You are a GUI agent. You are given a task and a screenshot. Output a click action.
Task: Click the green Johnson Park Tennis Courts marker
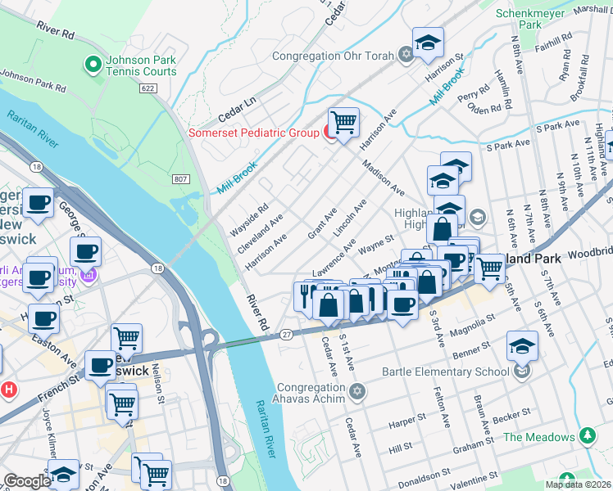tap(93, 63)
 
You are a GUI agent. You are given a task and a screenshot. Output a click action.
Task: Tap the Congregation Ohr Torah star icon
tap(406, 56)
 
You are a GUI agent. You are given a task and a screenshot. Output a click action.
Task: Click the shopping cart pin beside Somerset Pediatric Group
tap(344, 124)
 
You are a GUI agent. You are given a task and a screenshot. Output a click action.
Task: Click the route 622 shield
tap(148, 88)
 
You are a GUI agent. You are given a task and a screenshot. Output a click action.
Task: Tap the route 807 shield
tap(181, 178)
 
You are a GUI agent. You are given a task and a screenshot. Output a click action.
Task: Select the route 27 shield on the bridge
tap(286, 333)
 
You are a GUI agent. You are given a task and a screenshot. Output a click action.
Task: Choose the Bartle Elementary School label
tap(445, 372)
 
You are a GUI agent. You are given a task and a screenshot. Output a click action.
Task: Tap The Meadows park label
tap(538, 437)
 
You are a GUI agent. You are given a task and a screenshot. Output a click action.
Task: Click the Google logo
tap(27, 481)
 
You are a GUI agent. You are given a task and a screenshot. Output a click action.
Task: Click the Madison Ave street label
tap(384, 177)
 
